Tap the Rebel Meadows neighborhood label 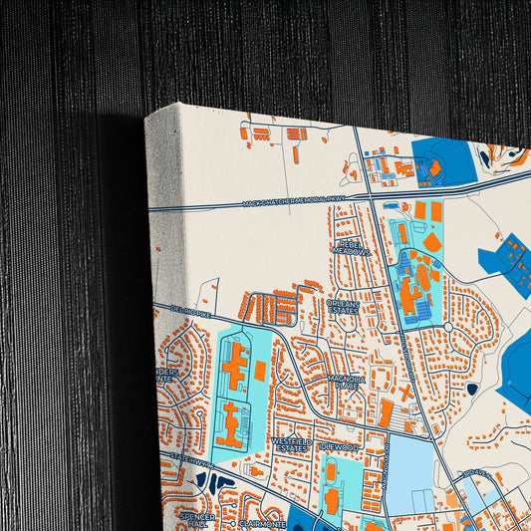[351, 246]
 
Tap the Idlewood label [339, 448]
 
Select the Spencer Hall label [196, 520]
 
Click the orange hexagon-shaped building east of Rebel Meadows [431, 242]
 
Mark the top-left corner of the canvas [146, 117]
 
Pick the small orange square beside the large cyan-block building [260, 371]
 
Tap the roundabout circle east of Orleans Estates [448, 326]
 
